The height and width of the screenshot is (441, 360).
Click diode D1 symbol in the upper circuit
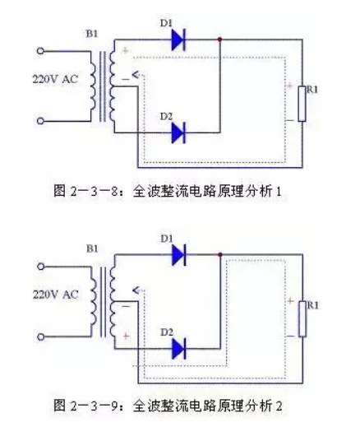click(x=178, y=39)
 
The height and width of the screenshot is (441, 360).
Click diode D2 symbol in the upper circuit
click(x=178, y=132)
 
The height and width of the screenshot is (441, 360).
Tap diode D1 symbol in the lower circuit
click(x=178, y=255)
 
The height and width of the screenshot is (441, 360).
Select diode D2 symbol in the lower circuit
click(x=178, y=349)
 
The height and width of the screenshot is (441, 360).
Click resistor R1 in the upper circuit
click(x=302, y=104)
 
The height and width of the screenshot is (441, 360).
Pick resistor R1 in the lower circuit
click(x=302, y=319)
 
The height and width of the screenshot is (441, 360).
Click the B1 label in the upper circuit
click(x=92, y=34)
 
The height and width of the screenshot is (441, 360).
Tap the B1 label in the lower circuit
click(x=92, y=249)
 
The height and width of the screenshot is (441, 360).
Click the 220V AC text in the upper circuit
click(x=55, y=79)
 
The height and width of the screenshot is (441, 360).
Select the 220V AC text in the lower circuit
click(x=56, y=295)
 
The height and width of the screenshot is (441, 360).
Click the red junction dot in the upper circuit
click(x=219, y=39)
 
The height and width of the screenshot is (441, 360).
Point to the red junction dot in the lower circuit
click(x=220, y=255)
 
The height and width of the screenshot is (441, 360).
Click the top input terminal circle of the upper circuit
click(x=41, y=51)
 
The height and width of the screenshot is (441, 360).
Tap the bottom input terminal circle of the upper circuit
click(x=41, y=121)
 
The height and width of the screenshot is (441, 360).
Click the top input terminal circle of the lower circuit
click(x=41, y=267)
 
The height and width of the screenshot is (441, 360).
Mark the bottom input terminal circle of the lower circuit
click(x=41, y=337)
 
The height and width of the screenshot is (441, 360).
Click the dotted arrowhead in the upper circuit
click(x=136, y=75)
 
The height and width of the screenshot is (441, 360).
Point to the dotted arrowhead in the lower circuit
click(x=136, y=290)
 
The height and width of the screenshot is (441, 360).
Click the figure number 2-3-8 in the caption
click(x=94, y=192)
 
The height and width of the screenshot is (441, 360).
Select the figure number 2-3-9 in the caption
click(x=94, y=406)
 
